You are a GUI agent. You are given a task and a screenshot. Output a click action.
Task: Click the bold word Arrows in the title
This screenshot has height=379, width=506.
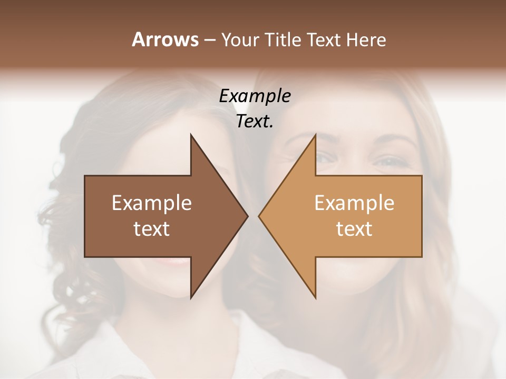point(164,39)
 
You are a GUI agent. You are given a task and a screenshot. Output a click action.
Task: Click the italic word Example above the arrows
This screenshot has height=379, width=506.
point(255,96)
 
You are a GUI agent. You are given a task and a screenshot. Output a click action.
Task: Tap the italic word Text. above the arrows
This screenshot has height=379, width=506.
point(255,122)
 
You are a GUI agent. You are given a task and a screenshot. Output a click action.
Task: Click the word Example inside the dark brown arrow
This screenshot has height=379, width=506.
point(152,203)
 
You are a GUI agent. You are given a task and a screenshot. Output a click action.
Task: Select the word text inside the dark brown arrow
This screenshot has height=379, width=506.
point(152,229)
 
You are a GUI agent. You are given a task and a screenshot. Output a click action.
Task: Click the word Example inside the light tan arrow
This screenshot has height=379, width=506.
point(354,203)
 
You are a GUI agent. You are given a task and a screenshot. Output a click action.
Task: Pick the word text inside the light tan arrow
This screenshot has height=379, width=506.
point(354,229)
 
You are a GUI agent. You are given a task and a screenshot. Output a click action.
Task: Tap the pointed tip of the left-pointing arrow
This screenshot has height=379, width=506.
point(259,216)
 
